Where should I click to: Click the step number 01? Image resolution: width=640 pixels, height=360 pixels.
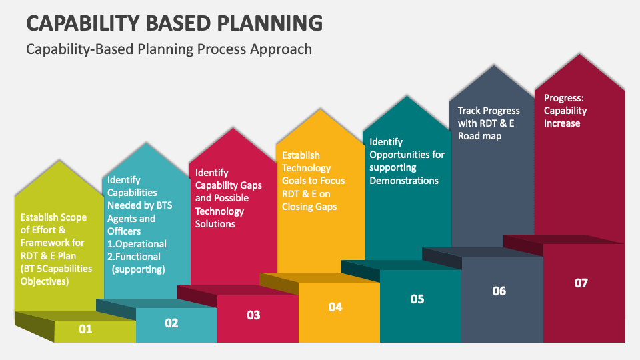pyautogui.click(x=85, y=329)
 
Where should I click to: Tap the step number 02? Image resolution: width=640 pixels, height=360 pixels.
pyautogui.click(x=171, y=323)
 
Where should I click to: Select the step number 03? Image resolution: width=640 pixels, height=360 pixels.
pyautogui.click(x=253, y=315)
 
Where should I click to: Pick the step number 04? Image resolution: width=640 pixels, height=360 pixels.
pyautogui.click(x=335, y=307)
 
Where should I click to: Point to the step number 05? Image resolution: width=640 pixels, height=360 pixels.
pyautogui.click(x=417, y=299)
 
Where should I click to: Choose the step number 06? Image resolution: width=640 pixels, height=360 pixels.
pyautogui.click(x=499, y=291)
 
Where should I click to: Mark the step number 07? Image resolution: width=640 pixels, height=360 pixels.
pyautogui.click(x=581, y=283)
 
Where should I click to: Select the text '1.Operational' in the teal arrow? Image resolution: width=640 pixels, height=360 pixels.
pyautogui.click(x=137, y=244)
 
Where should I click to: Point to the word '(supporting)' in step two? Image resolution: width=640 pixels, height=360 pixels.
pyautogui.click(x=138, y=269)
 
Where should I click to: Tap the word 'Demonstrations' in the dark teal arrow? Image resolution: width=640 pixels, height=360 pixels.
pyautogui.click(x=404, y=181)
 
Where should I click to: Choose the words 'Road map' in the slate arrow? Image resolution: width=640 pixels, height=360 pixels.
pyautogui.click(x=479, y=136)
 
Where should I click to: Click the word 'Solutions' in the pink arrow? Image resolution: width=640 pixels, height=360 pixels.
pyautogui.click(x=215, y=224)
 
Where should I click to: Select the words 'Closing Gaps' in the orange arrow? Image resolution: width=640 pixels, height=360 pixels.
pyautogui.click(x=309, y=207)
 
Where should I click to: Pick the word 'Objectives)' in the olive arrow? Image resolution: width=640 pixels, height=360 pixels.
pyautogui.click(x=44, y=281)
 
